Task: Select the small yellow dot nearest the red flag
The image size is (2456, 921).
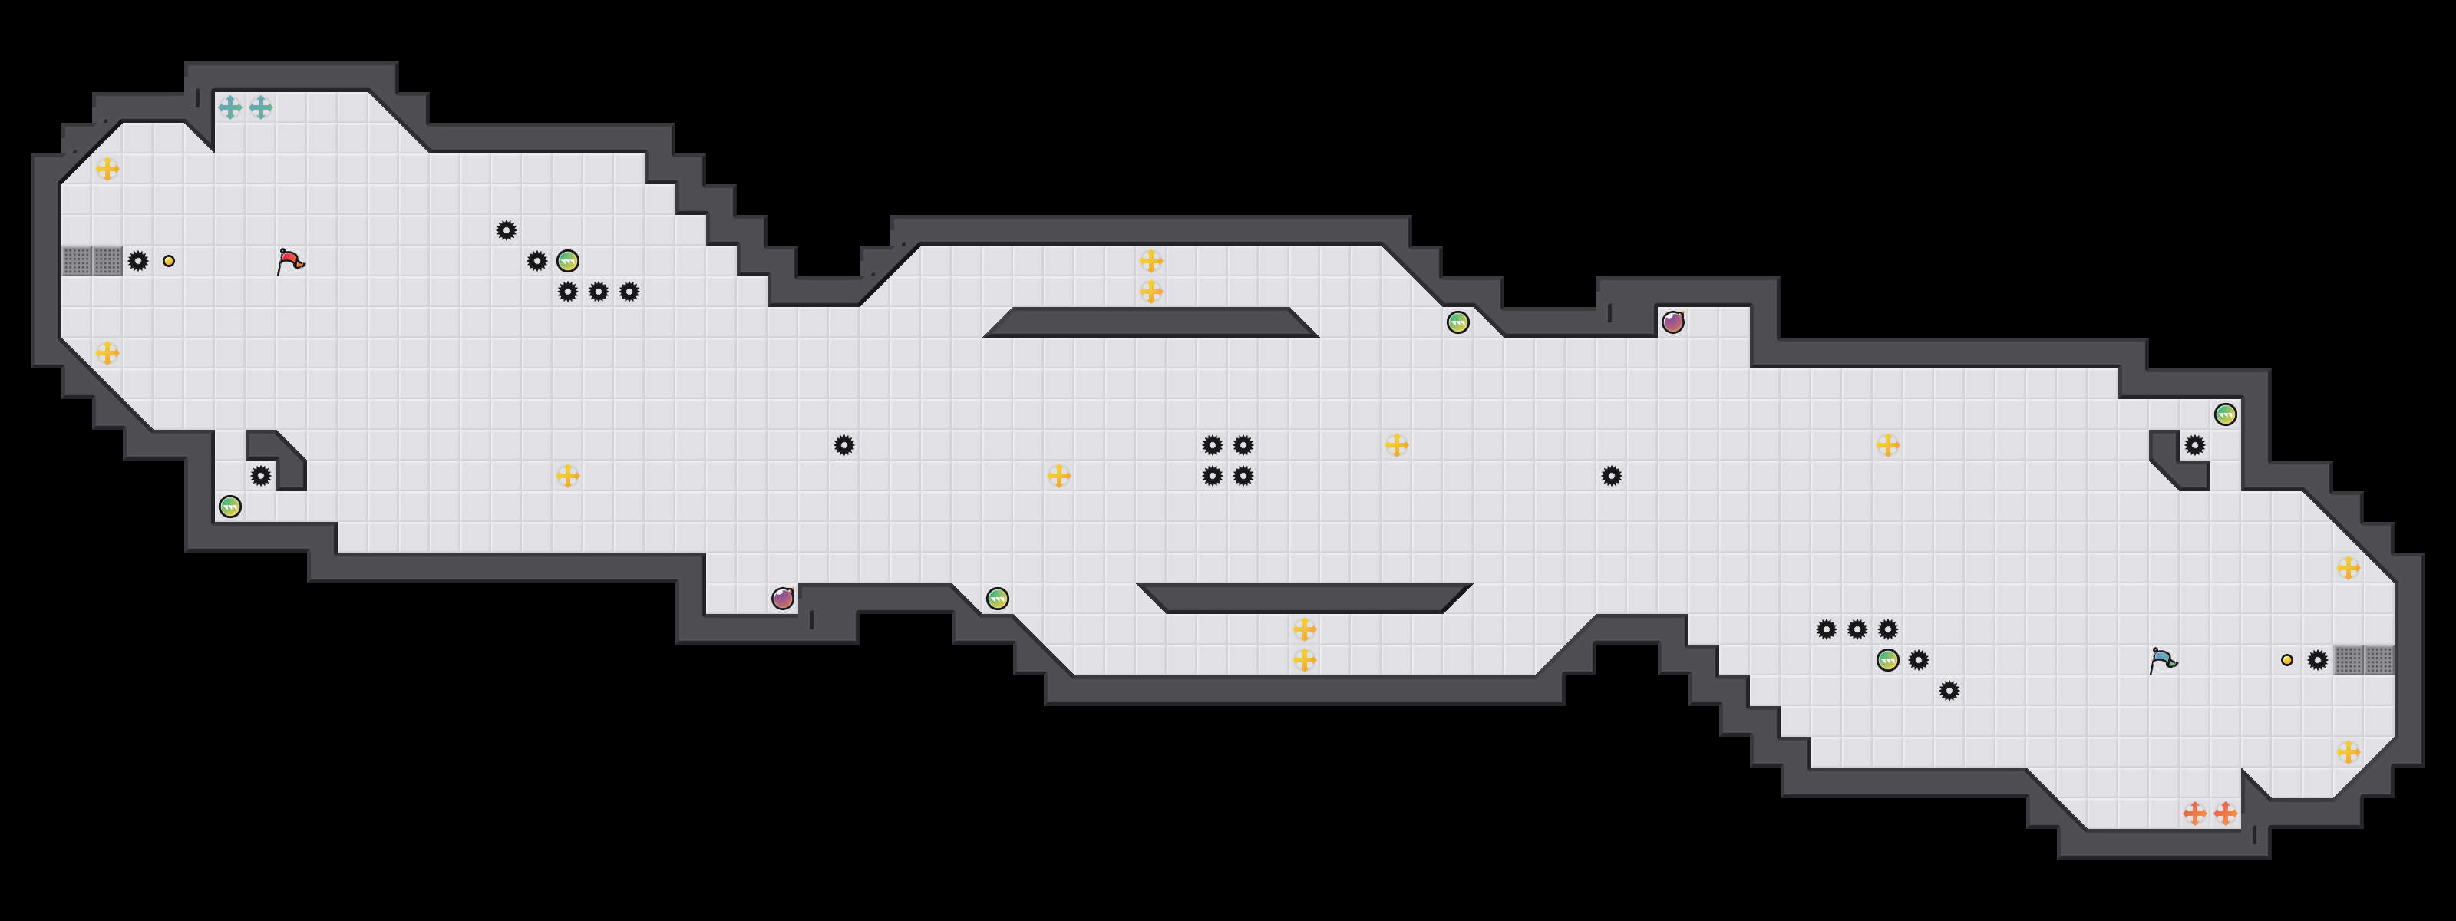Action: [x=169, y=261]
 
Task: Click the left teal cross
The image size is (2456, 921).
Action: [x=229, y=107]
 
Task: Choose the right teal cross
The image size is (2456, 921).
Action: [x=260, y=107]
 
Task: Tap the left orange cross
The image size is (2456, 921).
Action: [x=2195, y=814]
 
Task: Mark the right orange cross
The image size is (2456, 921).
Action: [x=2225, y=814]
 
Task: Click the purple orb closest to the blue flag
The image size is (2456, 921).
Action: [x=1672, y=322]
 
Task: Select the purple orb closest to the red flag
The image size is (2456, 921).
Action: [x=783, y=599]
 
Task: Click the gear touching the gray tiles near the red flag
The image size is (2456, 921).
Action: [x=138, y=261]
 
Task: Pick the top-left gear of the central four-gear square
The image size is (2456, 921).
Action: [x=1212, y=445]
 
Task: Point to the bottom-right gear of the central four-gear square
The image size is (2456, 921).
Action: [x=1243, y=476]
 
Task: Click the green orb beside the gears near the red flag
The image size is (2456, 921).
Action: [x=567, y=261]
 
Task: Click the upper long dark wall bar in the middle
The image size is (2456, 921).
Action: [x=1150, y=322]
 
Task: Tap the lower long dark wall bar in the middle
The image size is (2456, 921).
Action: [x=1304, y=598]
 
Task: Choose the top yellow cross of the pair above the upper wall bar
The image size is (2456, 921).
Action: [x=1150, y=260]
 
